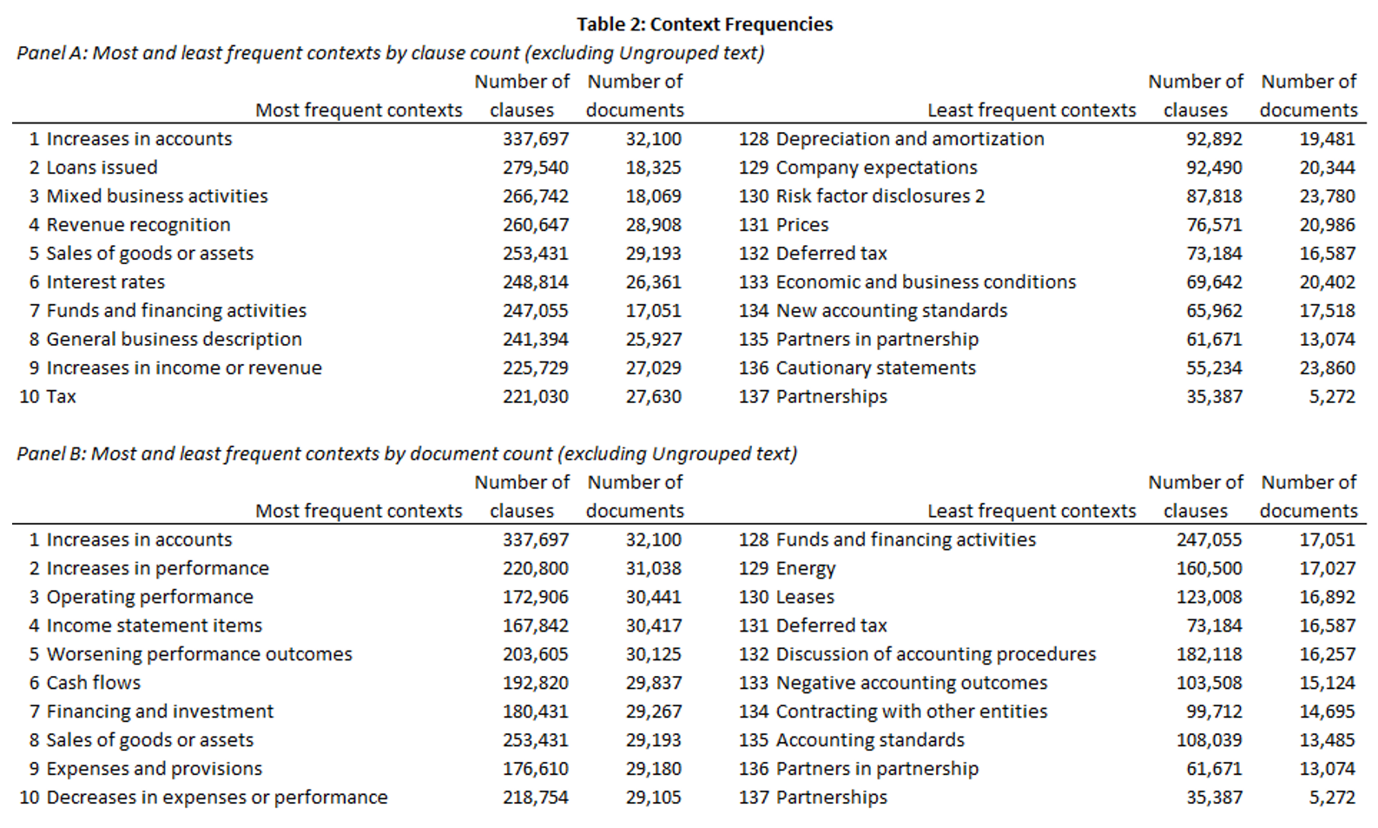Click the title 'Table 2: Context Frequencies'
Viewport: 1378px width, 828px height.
pyautogui.click(x=704, y=24)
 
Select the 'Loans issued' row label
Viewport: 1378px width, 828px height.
pyautogui.click(x=102, y=168)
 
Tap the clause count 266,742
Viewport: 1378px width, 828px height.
pyautogui.click(x=535, y=196)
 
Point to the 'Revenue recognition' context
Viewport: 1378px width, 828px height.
pyautogui.click(x=138, y=225)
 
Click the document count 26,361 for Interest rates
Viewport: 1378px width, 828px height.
pyautogui.click(x=653, y=282)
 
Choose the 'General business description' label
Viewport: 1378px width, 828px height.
pyautogui.click(x=175, y=339)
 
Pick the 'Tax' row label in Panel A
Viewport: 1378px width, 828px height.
pyautogui.click(x=61, y=396)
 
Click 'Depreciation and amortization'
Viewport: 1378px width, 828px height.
pyautogui.click(x=910, y=139)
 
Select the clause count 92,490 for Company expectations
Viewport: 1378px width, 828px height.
pyautogui.click(x=1214, y=168)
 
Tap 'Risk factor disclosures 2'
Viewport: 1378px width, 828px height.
pyautogui.click(x=880, y=196)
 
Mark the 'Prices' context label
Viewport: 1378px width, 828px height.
pyautogui.click(x=802, y=225)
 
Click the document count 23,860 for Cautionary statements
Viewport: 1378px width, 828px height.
pyautogui.click(x=1327, y=368)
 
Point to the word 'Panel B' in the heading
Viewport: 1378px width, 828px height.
pyautogui.click(x=51, y=454)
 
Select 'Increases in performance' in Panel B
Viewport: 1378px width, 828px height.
pyautogui.click(x=157, y=568)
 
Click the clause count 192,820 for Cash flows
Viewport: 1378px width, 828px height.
pyautogui.click(x=535, y=683)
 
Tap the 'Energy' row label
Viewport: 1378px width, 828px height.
pyautogui.click(x=806, y=569)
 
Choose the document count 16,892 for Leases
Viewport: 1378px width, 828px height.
pyautogui.click(x=1327, y=597)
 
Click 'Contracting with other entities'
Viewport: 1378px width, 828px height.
pyautogui.click(x=912, y=712)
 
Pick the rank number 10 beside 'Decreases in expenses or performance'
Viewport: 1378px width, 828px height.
pyautogui.click(x=30, y=798)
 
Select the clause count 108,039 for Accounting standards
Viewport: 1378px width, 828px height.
pyautogui.click(x=1210, y=740)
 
